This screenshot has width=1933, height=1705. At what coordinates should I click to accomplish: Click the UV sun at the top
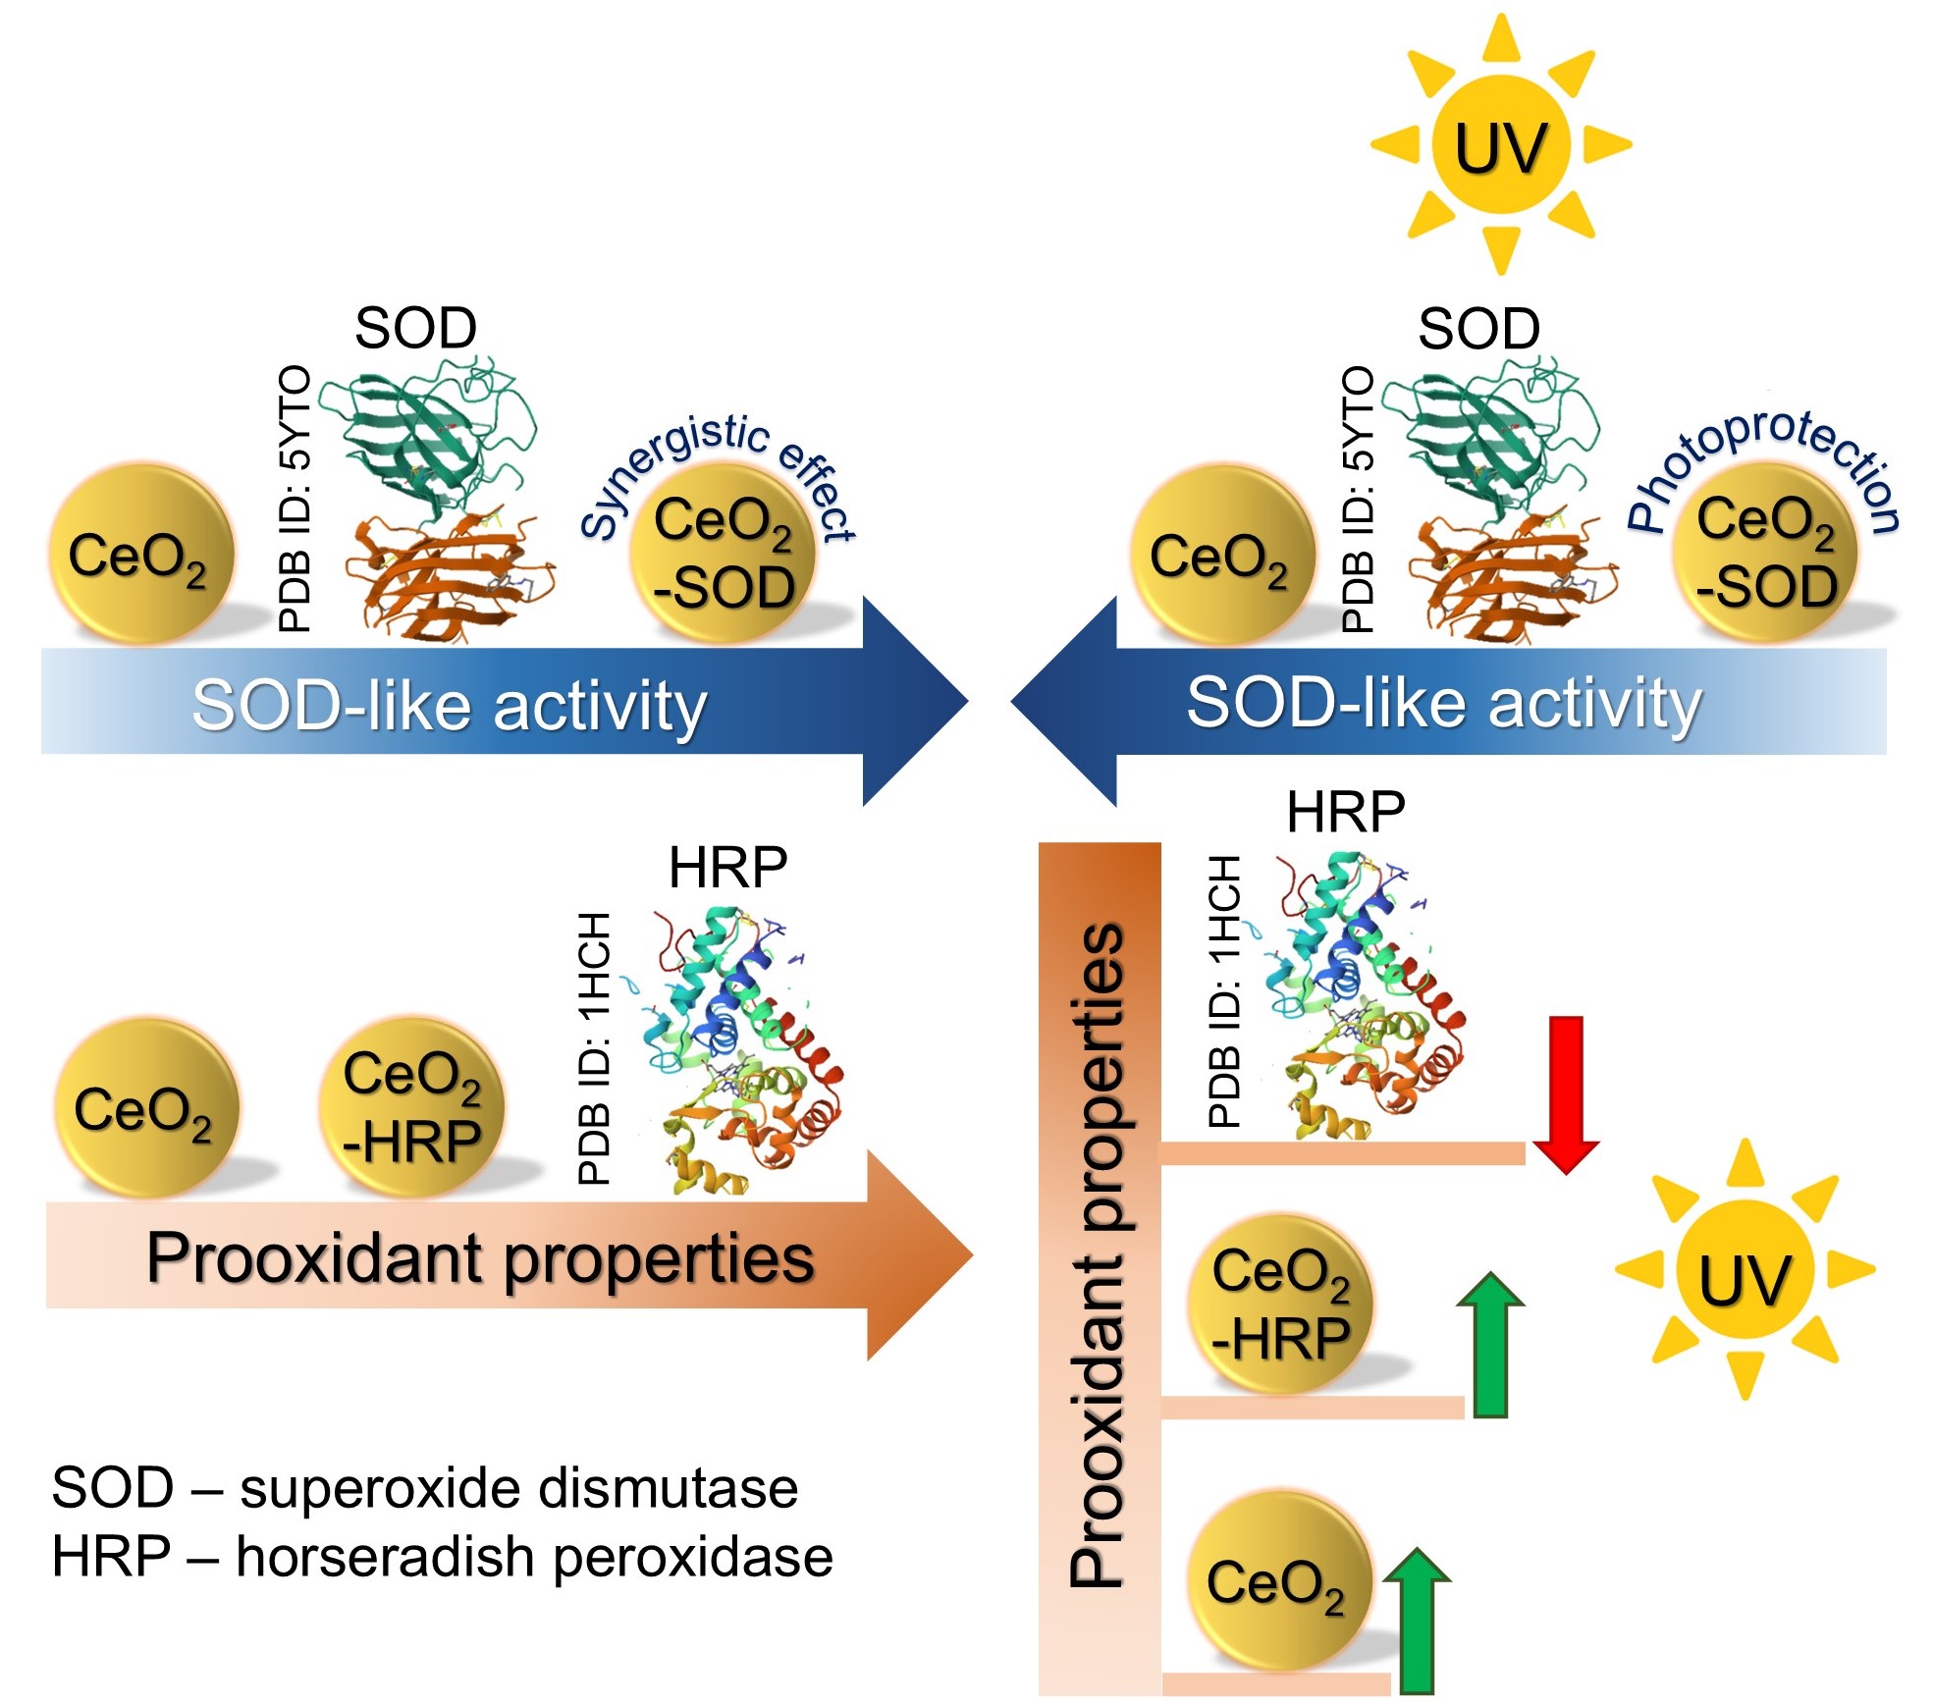1499,144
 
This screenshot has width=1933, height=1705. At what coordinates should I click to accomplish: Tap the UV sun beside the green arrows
1744,1268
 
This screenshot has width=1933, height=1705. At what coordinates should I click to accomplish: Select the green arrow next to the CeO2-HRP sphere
1490,1345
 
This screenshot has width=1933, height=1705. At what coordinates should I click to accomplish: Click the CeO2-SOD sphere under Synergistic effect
724,555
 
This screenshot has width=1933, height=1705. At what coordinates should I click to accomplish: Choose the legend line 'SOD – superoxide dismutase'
424,1488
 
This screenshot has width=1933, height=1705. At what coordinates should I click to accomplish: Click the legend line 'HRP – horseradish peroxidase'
442,1558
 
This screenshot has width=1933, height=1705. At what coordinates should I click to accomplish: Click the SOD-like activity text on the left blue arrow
450,705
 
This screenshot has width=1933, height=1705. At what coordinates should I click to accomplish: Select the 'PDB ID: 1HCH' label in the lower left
595,1048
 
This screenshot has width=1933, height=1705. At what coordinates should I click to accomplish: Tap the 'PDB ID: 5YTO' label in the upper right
1358,499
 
